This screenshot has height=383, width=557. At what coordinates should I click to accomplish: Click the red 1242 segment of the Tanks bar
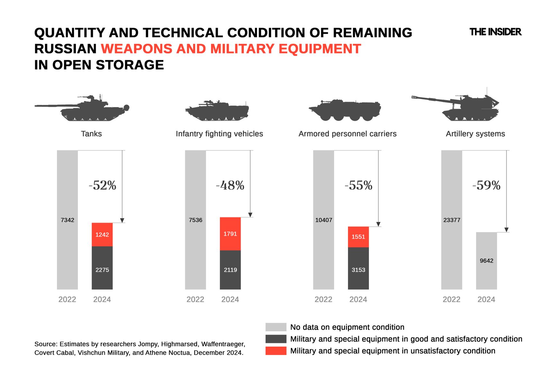(x=102, y=234)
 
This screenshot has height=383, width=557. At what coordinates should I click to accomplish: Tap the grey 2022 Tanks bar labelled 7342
(x=67, y=220)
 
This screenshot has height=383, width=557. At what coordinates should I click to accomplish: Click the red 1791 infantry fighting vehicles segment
(x=230, y=234)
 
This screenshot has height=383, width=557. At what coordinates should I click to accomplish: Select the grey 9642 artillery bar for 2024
(x=486, y=260)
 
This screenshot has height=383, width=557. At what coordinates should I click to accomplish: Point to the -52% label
(x=102, y=185)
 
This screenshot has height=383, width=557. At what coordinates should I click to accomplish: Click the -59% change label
(x=486, y=185)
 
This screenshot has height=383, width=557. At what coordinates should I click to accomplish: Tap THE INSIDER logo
(x=495, y=32)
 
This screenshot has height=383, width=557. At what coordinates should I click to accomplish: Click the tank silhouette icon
(x=82, y=108)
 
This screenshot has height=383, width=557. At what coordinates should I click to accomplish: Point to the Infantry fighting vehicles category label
(x=219, y=134)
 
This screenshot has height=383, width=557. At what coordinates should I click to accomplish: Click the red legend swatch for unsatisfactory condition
(x=276, y=351)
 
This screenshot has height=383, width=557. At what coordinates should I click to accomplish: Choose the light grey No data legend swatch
(x=276, y=327)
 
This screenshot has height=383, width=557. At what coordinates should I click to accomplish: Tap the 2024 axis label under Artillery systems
(x=486, y=299)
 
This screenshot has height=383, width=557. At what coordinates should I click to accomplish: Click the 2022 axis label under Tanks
(x=67, y=299)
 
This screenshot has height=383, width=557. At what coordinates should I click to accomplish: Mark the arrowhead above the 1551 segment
(x=378, y=224)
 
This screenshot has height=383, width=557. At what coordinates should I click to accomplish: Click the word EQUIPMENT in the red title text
(x=320, y=49)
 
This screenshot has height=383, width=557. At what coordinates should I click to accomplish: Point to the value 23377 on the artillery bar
(x=452, y=220)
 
